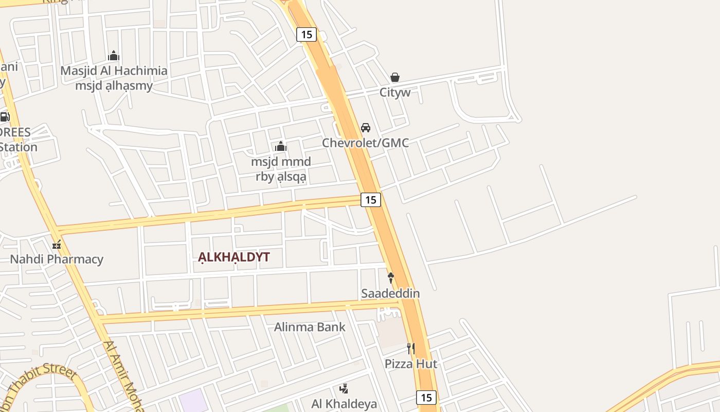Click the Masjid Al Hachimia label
[114, 71]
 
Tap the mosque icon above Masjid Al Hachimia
[114, 56]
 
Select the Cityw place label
[395, 93]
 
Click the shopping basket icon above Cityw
[395, 77]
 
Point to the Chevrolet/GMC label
[365, 143]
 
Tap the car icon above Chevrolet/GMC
[366, 127]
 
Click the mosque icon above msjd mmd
[281, 147]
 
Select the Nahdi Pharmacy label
[57, 259]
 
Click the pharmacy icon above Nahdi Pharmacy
[57, 244]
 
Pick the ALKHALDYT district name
[234, 257]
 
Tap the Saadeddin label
[390, 294]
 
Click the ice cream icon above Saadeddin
[391, 278]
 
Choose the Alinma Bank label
[310, 327]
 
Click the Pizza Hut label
[411, 364]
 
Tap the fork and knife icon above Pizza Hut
[410, 349]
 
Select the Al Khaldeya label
[344, 404]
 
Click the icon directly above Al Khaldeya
[344, 388]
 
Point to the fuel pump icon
[4, 117]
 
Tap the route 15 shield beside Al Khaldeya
[426, 398]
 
